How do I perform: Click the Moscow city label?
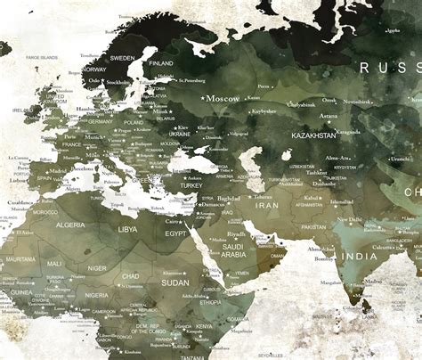(223, 99)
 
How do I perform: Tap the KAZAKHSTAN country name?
(312, 135)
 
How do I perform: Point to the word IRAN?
(268, 204)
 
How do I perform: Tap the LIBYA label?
(127, 229)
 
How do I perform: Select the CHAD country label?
(131, 276)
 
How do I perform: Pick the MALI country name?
(55, 264)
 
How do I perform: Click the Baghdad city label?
(228, 199)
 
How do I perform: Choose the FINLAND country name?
(161, 63)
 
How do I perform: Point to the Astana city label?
(329, 115)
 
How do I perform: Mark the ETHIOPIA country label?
(211, 302)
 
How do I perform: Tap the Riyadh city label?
(235, 234)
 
